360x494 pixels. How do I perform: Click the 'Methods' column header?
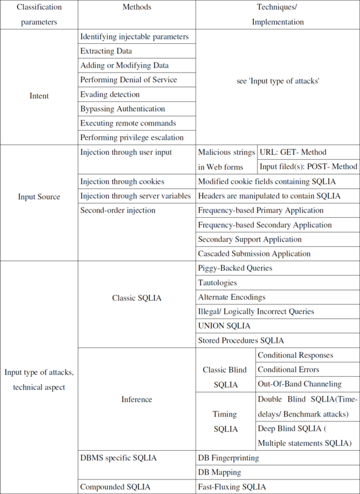pyautogui.click(x=137, y=7)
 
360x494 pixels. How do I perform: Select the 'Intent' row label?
pyautogui.click(x=39, y=95)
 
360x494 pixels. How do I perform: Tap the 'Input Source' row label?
pyautogui.click(x=39, y=196)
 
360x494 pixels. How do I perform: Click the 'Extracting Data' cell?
pyautogui.click(x=106, y=51)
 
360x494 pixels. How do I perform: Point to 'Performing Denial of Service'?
pyautogui.click(x=128, y=80)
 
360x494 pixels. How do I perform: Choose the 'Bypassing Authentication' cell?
pyautogui.click(x=122, y=109)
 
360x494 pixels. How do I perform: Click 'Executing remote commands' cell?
pyautogui.click(x=128, y=123)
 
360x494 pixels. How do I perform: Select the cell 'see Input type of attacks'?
pyautogui.click(x=278, y=80)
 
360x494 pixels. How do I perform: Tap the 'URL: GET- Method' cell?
pyautogui.click(x=293, y=152)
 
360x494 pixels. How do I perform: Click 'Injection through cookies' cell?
pyautogui.click(x=122, y=181)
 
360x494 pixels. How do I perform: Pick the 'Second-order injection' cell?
pyautogui.click(x=118, y=210)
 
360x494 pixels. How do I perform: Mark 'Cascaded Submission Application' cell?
pyautogui.click(x=254, y=253)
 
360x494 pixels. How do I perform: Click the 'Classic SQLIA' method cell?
pyautogui.click(x=137, y=297)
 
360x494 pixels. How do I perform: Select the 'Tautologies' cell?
pyautogui.click(x=218, y=282)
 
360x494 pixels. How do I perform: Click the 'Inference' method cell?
pyautogui.click(x=137, y=399)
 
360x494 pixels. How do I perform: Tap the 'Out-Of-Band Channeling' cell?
pyautogui.click(x=299, y=384)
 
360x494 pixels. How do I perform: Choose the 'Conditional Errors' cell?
pyautogui.click(x=289, y=369)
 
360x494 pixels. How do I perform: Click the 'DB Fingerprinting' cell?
pyautogui.click(x=229, y=457)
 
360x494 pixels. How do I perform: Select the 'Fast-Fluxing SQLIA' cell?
pyautogui.click(x=232, y=487)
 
